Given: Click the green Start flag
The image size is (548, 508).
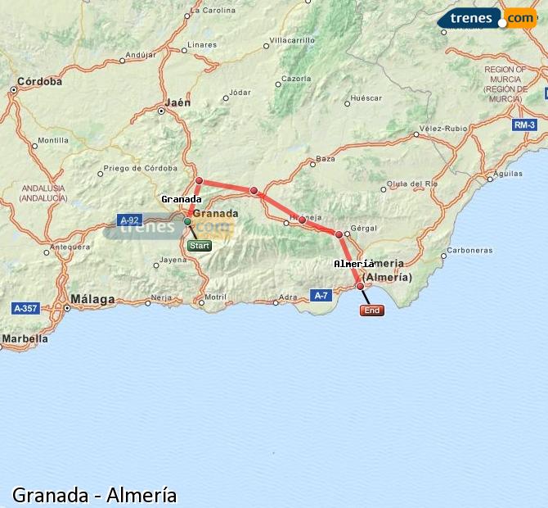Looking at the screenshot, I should (x=199, y=245).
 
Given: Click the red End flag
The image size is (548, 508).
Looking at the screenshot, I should (x=371, y=311).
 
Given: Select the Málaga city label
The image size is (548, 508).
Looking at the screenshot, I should (x=92, y=299).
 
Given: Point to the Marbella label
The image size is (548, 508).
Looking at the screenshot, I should (x=25, y=338).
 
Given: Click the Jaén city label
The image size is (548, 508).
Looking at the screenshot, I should (x=177, y=102).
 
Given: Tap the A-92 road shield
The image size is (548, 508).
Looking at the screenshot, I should (x=129, y=220).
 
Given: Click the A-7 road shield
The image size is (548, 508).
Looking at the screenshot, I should (x=321, y=295).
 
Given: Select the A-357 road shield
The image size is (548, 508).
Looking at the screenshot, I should (x=26, y=308).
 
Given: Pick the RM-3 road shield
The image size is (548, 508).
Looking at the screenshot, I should (x=525, y=125).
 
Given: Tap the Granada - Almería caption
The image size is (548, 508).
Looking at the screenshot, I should (x=94, y=495).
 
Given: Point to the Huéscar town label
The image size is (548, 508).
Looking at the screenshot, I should (x=366, y=98).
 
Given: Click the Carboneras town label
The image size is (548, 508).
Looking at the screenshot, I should (x=469, y=250).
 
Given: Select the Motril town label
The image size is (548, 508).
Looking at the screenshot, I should (x=215, y=297).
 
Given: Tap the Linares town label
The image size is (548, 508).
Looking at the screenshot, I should (x=202, y=44).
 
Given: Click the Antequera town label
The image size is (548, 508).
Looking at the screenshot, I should (x=69, y=246).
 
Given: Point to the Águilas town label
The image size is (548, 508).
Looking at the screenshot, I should (x=508, y=173).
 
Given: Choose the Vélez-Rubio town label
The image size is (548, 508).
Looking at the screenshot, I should (x=442, y=129).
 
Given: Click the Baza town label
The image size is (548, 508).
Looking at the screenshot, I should (x=326, y=158).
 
